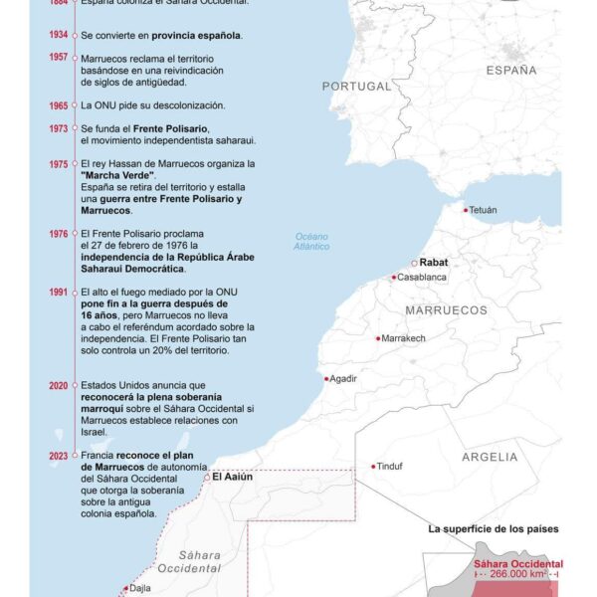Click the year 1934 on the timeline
pos(59,35)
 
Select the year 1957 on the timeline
pos(59,58)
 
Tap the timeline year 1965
pos(59,105)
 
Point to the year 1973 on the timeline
pos(59,128)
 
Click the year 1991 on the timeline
pos(59,292)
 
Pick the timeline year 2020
pos(59,385)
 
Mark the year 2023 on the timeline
pos(59,455)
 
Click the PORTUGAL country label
pos(357,87)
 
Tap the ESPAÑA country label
pos(511,71)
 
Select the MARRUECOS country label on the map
pos(446,310)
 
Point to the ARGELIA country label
pos(490,457)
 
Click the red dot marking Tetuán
pos(465,210)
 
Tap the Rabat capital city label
pos(437,263)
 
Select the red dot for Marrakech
pos(377,338)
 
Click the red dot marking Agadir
pos(326,378)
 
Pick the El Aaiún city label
pos(234,478)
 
